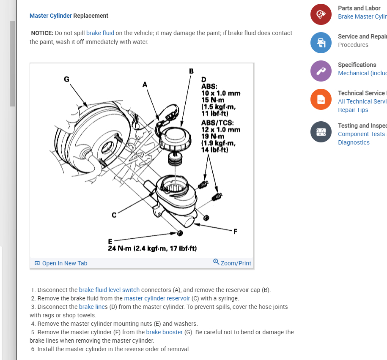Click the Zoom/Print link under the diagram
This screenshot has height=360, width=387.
point(233,263)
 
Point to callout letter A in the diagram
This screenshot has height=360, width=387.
point(145,84)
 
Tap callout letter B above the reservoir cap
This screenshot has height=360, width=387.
point(191,71)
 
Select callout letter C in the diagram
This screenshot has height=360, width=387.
point(114,215)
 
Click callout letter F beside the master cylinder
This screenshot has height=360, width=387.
point(235,231)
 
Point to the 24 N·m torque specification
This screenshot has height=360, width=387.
point(152,248)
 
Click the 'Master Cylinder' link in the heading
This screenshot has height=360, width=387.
point(51,16)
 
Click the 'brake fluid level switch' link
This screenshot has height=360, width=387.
point(109,290)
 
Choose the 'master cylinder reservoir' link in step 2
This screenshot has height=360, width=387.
point(157,298)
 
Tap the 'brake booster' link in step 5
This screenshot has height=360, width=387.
point(165,332)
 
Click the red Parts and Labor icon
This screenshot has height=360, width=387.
point(321,14)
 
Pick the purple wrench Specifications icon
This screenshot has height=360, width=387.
point(321,71)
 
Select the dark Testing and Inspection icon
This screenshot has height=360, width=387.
point(321,132)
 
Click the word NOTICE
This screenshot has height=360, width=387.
point(42,33)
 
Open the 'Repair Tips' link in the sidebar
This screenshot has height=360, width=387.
point(353,110)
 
